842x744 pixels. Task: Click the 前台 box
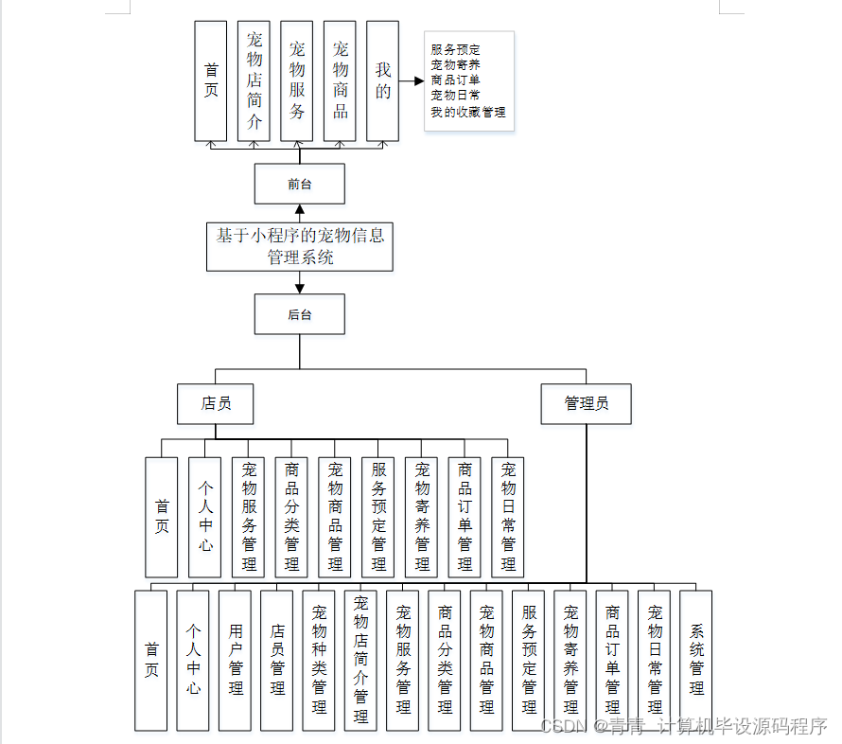(x=299, y=184)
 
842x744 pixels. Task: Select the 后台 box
(x=299, y=314)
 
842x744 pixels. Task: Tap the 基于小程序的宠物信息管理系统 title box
(x=300, y=246)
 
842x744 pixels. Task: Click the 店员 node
(x=216, y=404)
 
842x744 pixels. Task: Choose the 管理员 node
(x=586, y=404)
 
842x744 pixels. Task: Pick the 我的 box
(x=382, y=81)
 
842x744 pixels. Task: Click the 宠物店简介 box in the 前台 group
(x=254, y=81)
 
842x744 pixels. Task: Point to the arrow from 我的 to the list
(x=411, y=81)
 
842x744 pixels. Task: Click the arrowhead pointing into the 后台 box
(x=300, y=288)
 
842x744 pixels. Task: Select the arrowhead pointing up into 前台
(x=300, y=210)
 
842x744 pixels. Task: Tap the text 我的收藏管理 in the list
(x=468, y=112)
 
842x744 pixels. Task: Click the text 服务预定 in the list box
(x=455, y=49)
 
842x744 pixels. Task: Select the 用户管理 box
(x=235, y=660)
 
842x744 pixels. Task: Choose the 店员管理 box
(x=276, y=660)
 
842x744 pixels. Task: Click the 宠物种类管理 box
(x=319, y=660)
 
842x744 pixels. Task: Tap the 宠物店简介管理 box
(x=360, y=660)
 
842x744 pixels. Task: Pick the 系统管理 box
(x=696, y=660)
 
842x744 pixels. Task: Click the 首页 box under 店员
(x=161, y=517)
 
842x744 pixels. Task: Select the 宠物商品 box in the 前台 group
(x=340, y=81)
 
